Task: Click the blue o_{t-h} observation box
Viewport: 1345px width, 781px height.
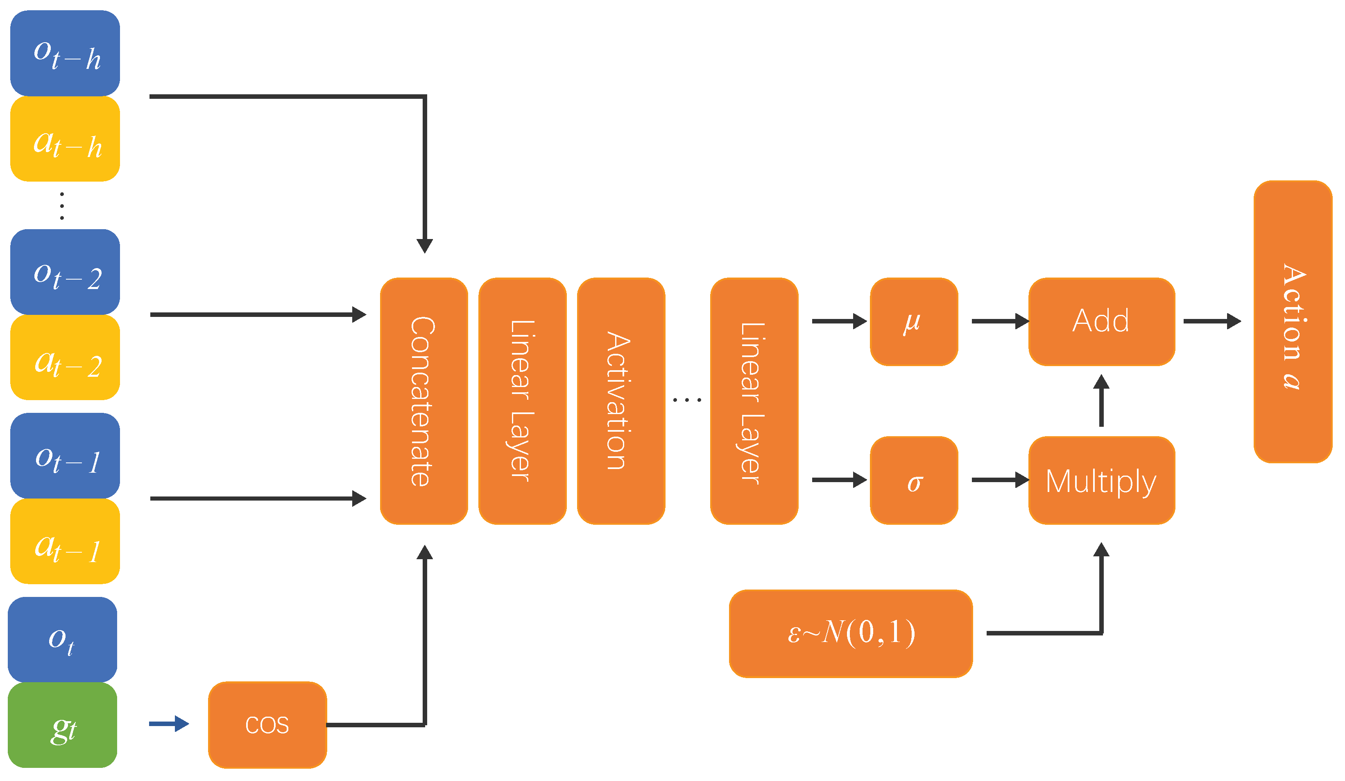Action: (x=65, y=53)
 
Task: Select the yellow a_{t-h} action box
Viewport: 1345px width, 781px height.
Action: (x=65, y=139)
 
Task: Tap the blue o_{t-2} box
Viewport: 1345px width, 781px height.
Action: (x=65, y=272)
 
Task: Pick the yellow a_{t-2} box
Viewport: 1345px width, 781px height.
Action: (x=65, y=357)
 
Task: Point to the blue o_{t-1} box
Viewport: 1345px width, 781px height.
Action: (x=65, y=455)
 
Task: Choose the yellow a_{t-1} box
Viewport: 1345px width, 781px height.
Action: (x=65, y=541)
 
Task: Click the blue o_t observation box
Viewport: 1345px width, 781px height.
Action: (x=62, y=640)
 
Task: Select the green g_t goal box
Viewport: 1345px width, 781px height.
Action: (x=62, y=725)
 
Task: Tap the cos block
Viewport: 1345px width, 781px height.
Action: (x=267, y=725)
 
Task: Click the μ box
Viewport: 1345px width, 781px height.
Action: (x=914, y=321)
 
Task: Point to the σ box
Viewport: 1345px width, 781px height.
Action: (x=914, y=480)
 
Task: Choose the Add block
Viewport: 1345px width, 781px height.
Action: (x=1102, y=321)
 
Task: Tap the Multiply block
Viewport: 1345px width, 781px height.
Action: (x=1102, y=480)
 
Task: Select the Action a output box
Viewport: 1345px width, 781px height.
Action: (x=1293, y=321)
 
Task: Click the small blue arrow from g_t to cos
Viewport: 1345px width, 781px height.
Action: (x=169, y=724)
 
